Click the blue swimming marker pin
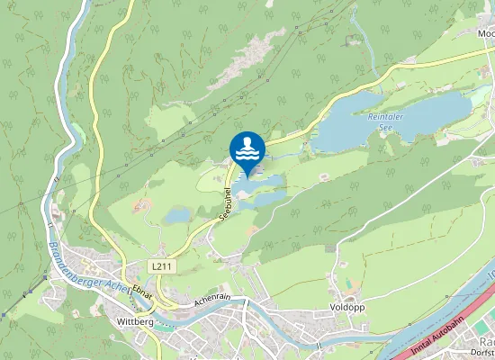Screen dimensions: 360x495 247,149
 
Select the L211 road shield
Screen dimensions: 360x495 162,267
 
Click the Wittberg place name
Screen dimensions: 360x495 136,320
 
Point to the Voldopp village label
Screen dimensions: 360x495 347,307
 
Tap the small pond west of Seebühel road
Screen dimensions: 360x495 178,215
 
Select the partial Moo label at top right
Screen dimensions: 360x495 486,33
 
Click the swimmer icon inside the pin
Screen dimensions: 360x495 247,146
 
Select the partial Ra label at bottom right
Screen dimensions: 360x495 487,343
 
